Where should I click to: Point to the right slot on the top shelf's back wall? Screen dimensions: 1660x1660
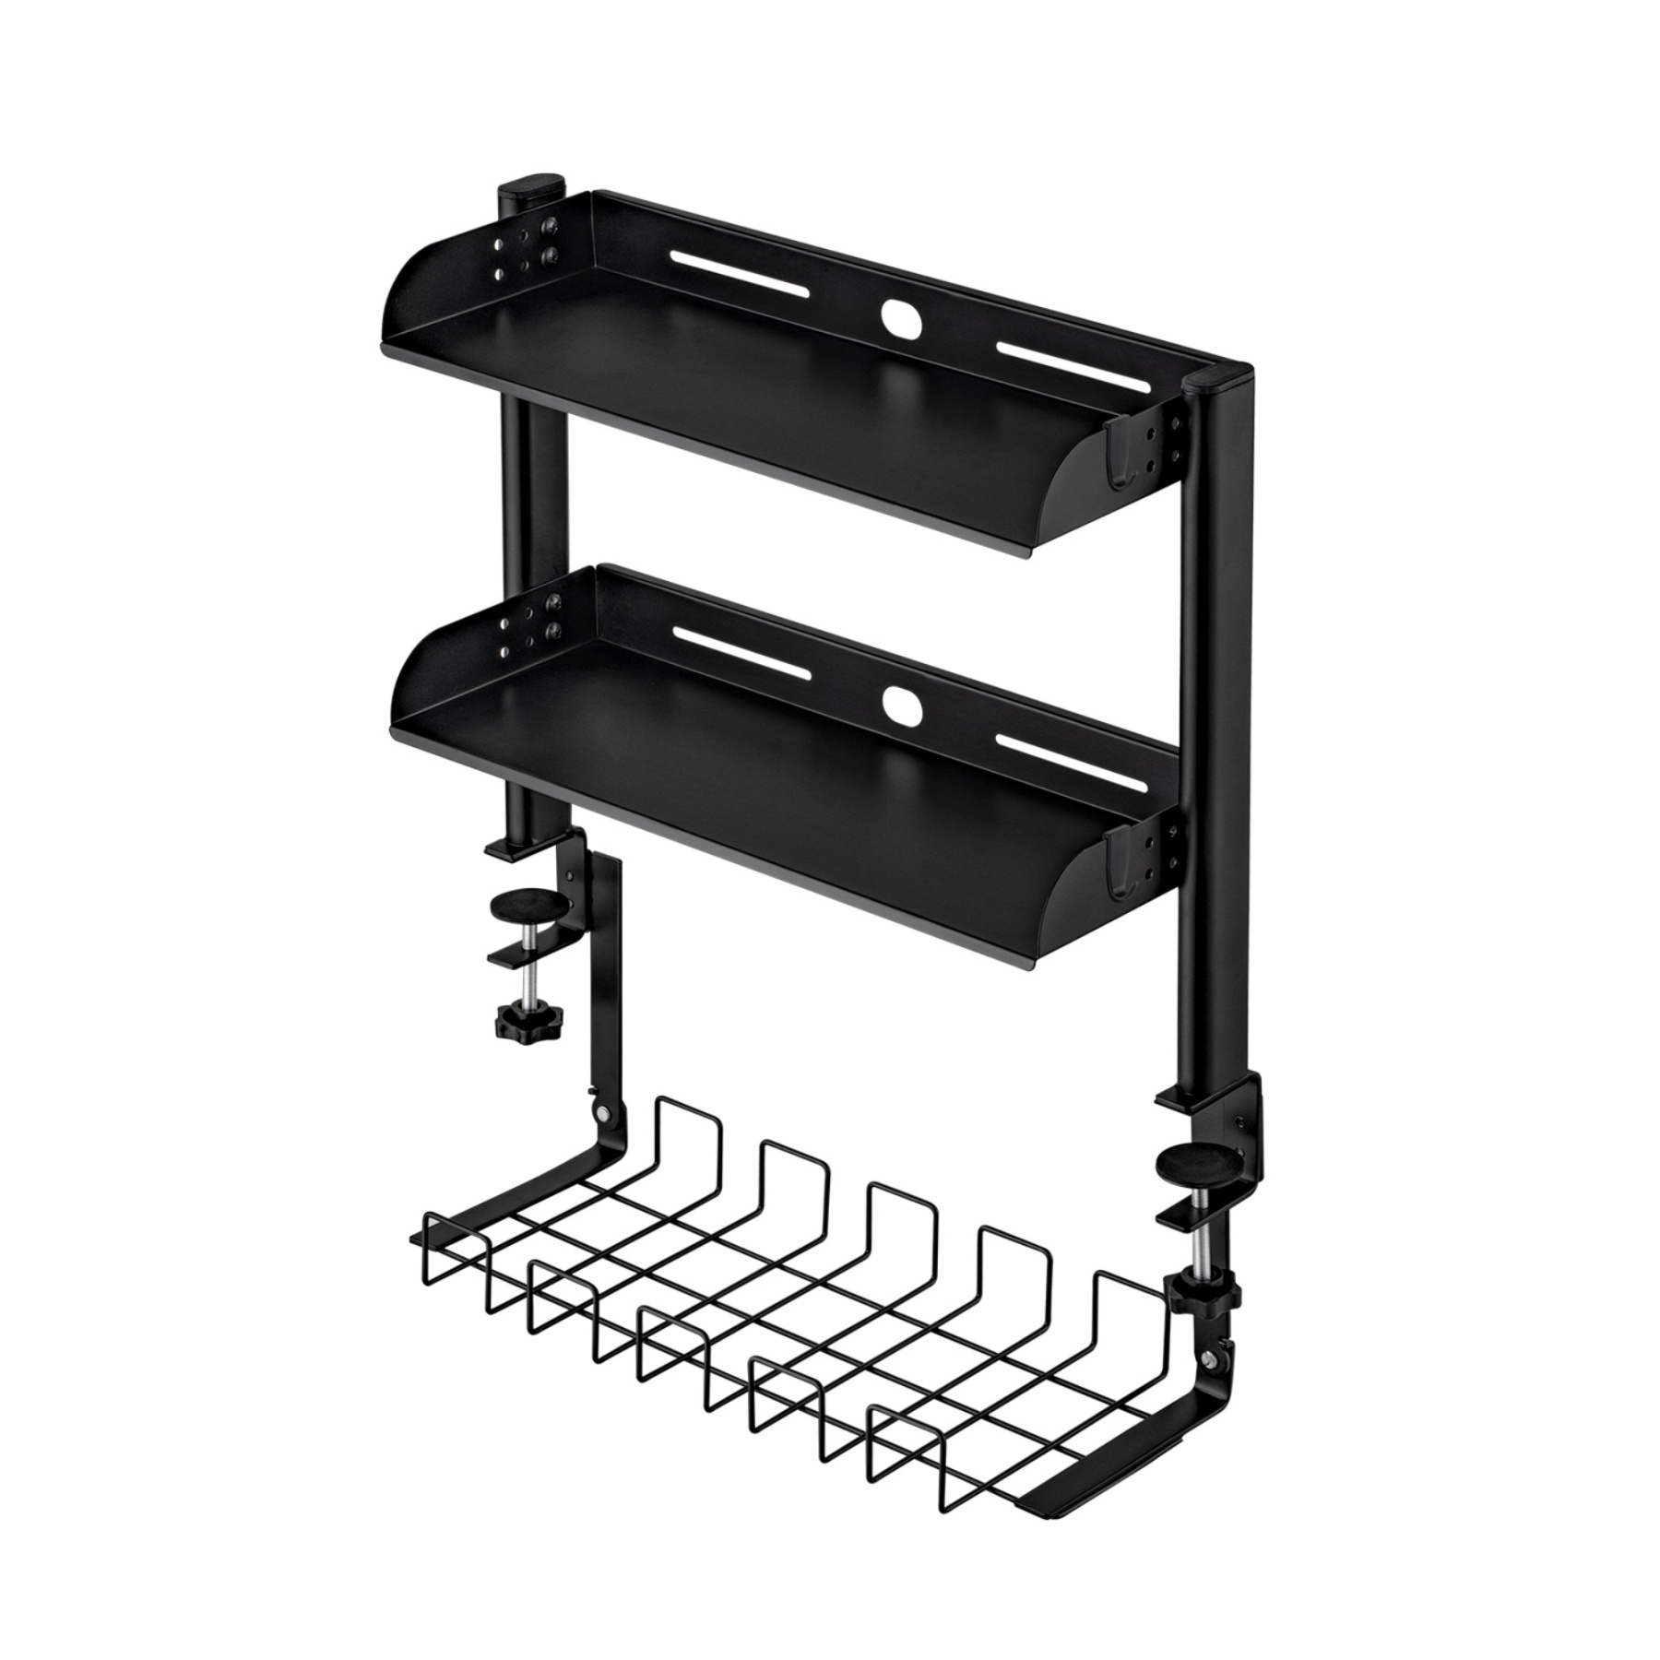coord(1073,368)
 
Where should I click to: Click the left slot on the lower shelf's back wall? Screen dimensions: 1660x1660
coord(741,655)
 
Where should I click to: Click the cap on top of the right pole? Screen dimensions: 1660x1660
coord(1215,379)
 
